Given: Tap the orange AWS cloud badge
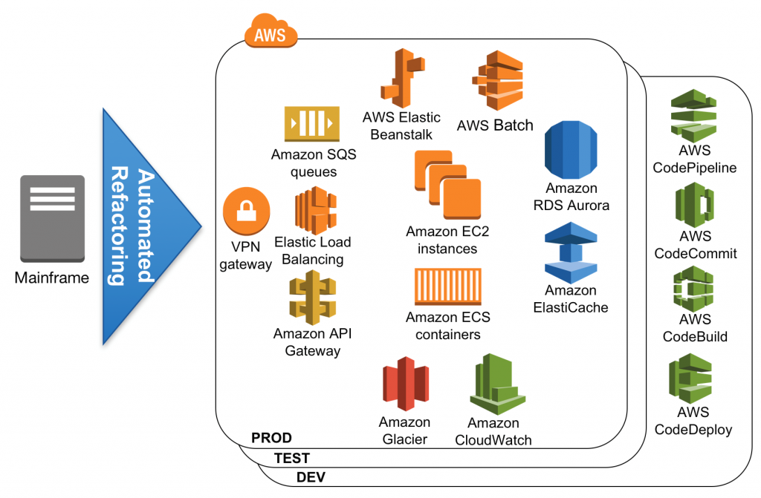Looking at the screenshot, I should coord(271,33).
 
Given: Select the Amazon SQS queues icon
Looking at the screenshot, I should coord(311,123).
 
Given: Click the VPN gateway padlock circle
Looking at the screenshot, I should coord(245,211).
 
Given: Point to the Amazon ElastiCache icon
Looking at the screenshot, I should coord(571,252).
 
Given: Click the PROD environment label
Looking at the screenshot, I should coord(271,438).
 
